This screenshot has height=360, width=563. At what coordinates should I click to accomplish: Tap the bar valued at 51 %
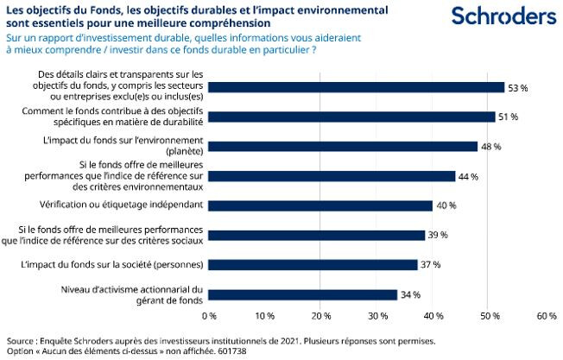(351, 117)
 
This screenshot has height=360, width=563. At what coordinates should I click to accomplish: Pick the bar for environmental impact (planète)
(343, 146)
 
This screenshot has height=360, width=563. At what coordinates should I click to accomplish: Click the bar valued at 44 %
(332, 176)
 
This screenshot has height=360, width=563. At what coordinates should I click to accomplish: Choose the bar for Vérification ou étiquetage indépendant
(320, 205)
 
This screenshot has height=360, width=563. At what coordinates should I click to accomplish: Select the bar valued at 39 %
(317, 235)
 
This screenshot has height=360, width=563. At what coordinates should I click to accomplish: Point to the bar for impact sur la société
(312, 264)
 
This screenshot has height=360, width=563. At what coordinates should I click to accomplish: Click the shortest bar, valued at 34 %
(303, 294)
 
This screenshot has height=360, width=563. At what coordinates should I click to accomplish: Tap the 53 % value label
(518, 88)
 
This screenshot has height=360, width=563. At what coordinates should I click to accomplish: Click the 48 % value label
(490, 147)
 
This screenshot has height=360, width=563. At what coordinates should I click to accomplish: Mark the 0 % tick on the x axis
(208, 317)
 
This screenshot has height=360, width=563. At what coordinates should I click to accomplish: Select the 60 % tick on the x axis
(546, 317)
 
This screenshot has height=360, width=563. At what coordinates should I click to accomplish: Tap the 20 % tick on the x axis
(320, 317)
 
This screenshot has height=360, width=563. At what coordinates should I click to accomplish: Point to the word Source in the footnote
(22, 340)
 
